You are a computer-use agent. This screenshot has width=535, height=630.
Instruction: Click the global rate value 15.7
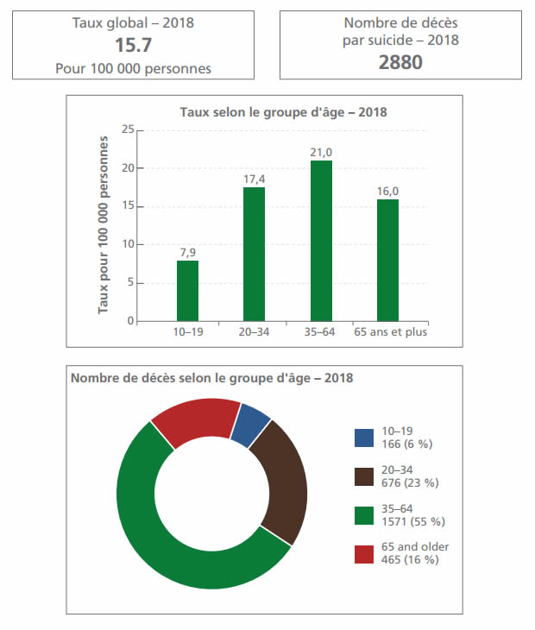[x=133, y=44]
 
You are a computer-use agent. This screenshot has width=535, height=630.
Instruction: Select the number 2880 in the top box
[x=400, y=61]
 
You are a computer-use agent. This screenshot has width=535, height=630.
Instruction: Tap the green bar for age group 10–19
[x=187, y=291]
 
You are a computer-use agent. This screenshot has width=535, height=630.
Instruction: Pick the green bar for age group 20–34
[x=254, y=255]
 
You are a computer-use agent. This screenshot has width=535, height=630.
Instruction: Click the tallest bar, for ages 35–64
[x=321, y=241]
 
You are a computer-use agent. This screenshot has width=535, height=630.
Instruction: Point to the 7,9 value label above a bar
[x=187, y=252]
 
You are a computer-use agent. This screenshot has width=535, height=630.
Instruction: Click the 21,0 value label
[x=321, y=152]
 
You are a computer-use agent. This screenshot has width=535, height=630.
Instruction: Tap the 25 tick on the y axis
[x=129, y=130]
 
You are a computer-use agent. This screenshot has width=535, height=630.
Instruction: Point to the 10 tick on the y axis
[x=129, y=245]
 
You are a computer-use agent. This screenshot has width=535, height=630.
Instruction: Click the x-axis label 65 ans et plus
[x=391, y=332]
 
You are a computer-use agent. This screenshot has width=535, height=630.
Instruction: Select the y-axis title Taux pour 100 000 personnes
[x=104, y=224]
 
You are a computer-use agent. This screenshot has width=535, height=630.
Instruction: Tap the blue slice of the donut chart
[x=251, y=424]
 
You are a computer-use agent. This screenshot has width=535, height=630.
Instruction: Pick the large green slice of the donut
[x=173, y=535]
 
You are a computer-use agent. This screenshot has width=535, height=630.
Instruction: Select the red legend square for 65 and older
[x=363, y=553]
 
